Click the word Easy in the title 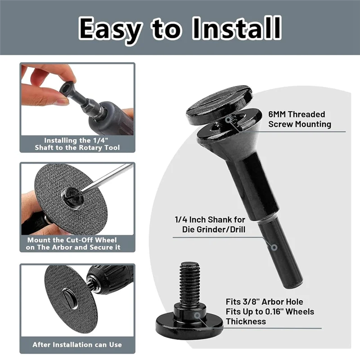click(x=110, y=28)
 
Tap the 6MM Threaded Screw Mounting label click(x=300, y=119)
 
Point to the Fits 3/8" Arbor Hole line click(x=264, y=301)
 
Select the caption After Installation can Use click(x=77, y=345)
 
